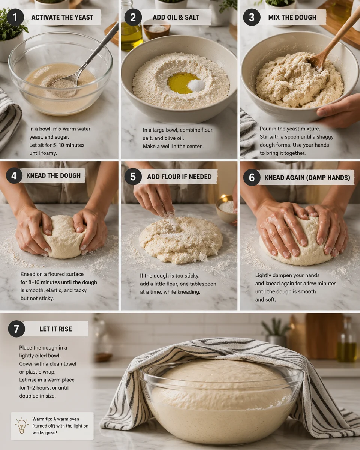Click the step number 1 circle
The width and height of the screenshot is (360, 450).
coord(15,17)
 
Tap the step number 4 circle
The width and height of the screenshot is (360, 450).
coord(14,175)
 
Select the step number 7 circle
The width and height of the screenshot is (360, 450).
coord(16,329)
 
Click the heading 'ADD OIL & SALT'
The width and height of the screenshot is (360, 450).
coord(176,17)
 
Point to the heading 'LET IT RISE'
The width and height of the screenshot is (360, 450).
coord(55,329)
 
